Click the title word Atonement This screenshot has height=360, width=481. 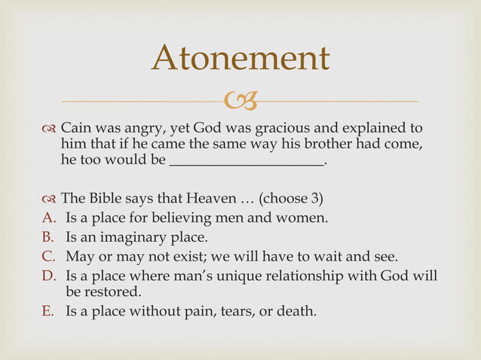click(240, 58)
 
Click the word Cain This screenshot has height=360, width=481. click(76, 127)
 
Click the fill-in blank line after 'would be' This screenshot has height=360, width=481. click(247, 161)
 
